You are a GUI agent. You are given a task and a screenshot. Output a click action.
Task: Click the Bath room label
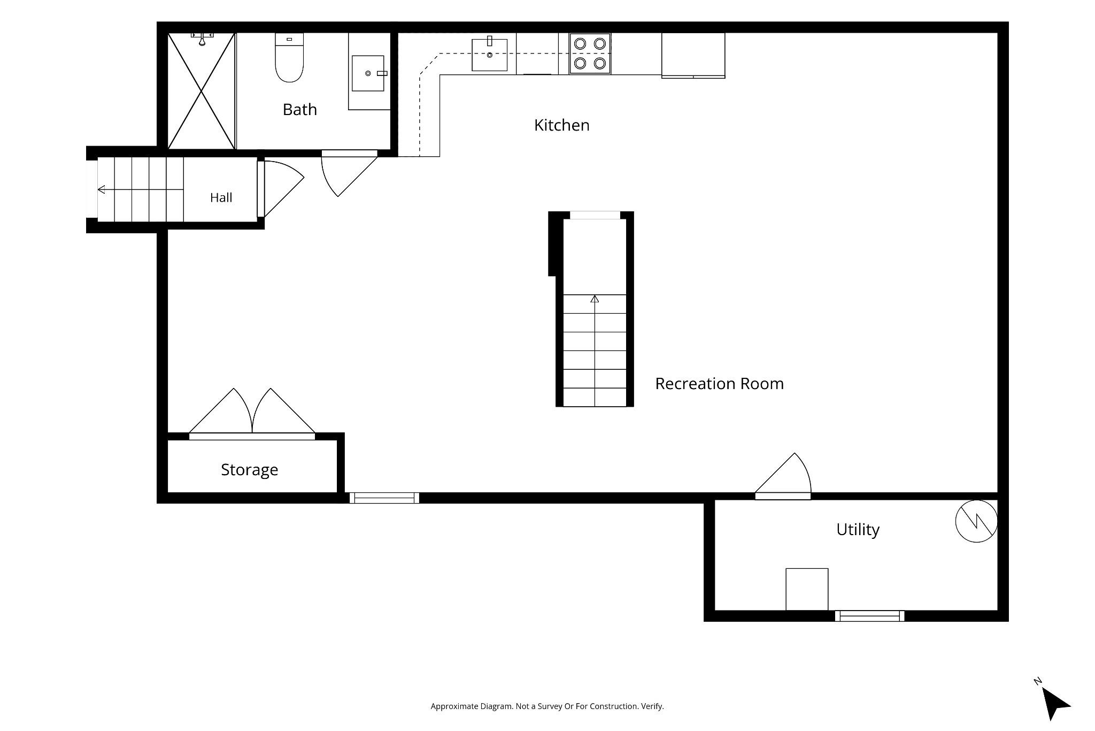tap(299, 109)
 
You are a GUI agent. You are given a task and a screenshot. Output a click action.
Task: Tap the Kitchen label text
tap(561, 125)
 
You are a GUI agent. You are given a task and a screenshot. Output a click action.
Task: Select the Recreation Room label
tap(719, 384)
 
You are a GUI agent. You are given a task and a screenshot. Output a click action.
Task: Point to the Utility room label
tap(858, 529)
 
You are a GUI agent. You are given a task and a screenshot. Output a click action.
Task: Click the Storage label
tap(249, 470)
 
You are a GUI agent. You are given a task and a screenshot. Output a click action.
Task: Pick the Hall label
tap(221, 197)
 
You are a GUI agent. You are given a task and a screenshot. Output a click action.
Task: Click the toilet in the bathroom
tap(289, 57)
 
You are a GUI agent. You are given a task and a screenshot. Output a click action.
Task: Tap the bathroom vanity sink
tap(368, 73)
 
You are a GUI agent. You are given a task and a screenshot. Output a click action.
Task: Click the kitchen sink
tap(489, 54)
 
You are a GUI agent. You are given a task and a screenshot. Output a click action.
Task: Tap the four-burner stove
tap(590, 54)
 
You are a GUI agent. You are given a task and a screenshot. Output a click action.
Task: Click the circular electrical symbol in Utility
tap(976, 521)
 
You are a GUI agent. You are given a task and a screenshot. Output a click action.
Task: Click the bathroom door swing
tap(349, 173)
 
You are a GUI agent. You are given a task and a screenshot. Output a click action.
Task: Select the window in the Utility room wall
tap(869, 616)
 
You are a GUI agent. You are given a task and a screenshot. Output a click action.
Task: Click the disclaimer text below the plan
tap(547, 706)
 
